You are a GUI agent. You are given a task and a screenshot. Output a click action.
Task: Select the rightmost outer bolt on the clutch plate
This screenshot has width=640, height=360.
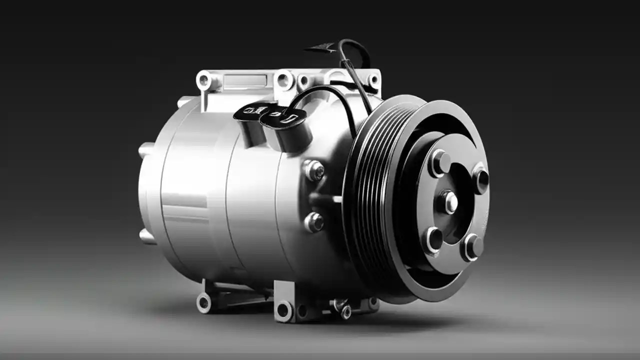pos(480,178)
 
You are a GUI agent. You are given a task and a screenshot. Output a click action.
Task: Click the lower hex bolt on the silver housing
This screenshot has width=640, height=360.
pos(314,222)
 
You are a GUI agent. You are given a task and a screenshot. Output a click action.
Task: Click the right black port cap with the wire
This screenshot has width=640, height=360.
pos(283,119)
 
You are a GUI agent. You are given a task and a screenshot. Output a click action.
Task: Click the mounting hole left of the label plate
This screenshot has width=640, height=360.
pos(204,80)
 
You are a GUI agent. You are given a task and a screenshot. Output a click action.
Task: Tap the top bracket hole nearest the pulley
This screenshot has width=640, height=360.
pos(373,80)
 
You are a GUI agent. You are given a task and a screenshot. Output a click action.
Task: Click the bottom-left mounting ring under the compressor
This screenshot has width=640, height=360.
pos(204,302)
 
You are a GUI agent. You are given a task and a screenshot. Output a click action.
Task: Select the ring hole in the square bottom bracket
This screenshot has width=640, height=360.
pos(284,310)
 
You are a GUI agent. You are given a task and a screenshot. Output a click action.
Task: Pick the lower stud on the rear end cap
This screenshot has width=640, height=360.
pos(146,235)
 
